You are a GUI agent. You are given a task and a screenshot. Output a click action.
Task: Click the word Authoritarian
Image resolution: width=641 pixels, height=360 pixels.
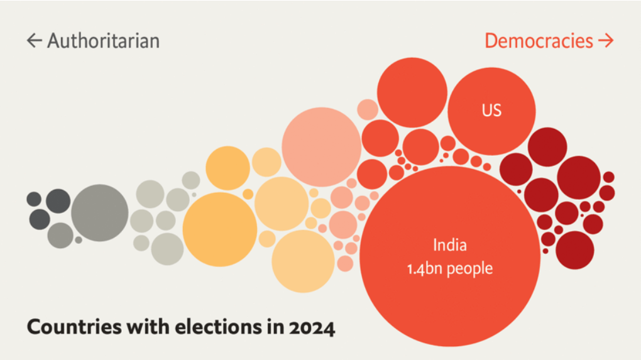(103, 41)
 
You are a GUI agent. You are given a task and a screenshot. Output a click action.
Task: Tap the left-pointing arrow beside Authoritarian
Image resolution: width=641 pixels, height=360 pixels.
(34, 41)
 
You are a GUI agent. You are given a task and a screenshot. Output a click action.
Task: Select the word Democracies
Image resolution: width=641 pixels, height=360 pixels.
(539, 41)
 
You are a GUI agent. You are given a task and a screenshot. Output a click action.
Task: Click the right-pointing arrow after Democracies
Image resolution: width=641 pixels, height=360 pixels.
(605, 41)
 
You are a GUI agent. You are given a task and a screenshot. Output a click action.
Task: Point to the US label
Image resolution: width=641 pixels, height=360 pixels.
(491, 111)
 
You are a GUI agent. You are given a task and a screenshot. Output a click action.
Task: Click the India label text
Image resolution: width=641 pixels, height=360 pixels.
(449, 244)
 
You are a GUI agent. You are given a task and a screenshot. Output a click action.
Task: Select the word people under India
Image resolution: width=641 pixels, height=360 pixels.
(471, 269)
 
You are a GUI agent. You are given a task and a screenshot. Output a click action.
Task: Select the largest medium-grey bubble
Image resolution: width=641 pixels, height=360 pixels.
(100, 213)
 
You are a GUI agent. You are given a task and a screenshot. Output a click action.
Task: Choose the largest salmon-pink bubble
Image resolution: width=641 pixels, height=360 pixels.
(322, 146)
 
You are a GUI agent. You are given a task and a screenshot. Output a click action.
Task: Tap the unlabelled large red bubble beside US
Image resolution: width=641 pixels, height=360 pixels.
(412, 92)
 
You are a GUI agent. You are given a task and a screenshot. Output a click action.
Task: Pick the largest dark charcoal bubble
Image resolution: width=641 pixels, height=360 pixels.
(58, 201)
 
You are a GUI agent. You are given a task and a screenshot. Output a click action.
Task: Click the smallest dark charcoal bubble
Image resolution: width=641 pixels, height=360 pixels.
(34, 199)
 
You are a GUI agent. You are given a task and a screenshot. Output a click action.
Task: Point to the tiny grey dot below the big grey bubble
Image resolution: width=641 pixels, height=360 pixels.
(79, 239)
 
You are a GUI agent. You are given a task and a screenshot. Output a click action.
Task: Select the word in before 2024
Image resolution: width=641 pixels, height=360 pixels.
(273, 327)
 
